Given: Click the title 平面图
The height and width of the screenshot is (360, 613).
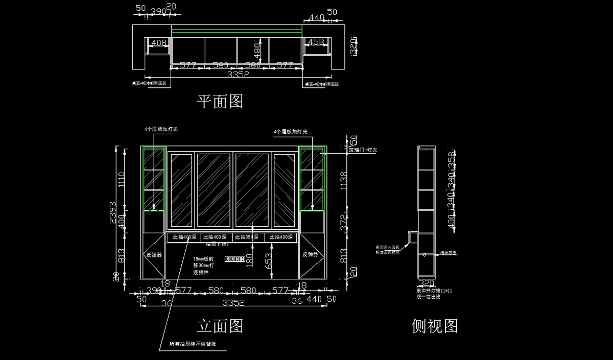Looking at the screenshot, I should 220,102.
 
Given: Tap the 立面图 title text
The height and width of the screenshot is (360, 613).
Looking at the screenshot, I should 220,326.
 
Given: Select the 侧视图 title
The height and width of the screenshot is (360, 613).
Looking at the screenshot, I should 435,326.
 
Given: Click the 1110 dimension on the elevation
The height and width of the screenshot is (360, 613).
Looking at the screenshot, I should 122,180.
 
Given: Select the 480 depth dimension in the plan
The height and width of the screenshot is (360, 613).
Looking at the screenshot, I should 257,50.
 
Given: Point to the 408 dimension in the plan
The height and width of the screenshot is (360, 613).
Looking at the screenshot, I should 159,43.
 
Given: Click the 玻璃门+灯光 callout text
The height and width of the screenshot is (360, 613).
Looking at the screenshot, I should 363,150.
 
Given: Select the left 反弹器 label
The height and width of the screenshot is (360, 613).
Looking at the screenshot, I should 154,254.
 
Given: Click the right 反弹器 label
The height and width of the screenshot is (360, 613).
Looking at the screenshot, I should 310,254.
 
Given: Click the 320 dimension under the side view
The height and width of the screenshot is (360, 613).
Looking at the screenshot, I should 426,282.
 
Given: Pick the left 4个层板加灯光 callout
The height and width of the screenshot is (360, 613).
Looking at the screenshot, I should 161,130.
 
